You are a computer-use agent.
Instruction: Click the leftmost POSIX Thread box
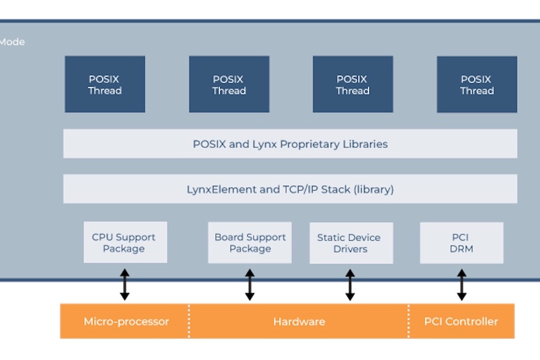[105, 84]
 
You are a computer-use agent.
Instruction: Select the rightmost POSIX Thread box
[477, 84]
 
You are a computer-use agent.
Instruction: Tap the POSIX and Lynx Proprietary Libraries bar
[290, 144]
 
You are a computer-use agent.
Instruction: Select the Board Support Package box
[249, 242]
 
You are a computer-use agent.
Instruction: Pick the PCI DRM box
[461, 243]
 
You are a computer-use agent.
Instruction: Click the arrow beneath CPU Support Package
[125, 284]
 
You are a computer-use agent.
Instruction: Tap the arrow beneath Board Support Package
[249, 284]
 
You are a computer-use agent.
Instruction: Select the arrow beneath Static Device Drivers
[350, 284]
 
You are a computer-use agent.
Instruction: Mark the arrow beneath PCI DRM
[461, 284]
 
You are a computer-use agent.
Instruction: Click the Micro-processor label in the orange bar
[126, 322]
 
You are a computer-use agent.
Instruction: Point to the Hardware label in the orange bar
[299, 322]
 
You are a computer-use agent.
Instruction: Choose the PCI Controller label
[461, 322]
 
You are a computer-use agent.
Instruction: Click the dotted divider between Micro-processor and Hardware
[189, 321]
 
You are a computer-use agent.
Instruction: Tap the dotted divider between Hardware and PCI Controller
[408, 321]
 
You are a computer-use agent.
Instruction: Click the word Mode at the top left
[12, 42]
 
